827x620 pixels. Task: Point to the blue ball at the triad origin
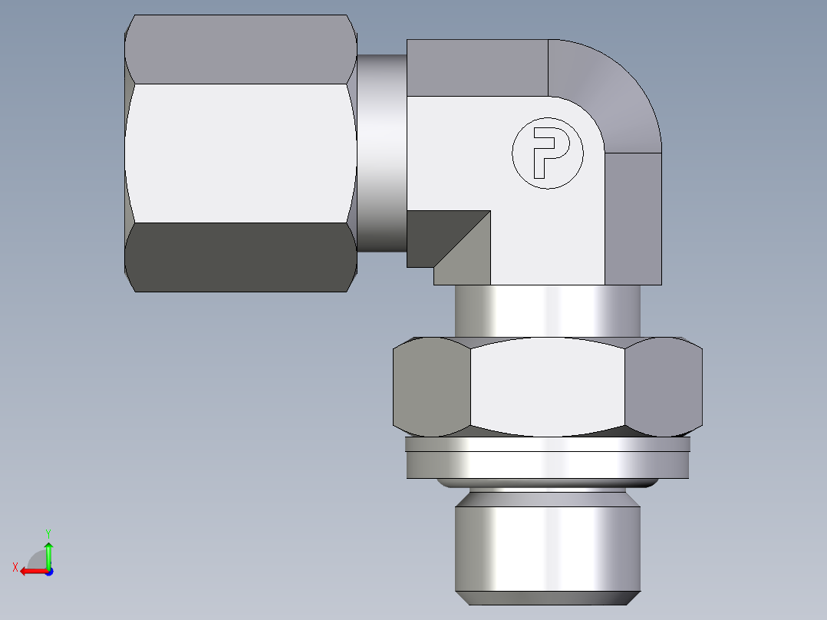[x=48, y=572]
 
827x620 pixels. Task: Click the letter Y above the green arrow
[x=48, y=532]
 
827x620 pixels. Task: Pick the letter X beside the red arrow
[x=15, y=567]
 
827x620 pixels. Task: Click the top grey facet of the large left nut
[x=240, y=50]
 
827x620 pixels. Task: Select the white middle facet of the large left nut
[x=240, y=153]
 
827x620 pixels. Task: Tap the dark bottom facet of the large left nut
[x=240, y=257]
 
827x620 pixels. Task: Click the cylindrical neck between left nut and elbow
[x=381, y=153]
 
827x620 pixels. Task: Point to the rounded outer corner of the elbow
[x=614, y=92]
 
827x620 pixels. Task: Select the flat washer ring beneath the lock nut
[x=548, y=463]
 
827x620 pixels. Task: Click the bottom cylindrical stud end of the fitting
[x=548, y=549]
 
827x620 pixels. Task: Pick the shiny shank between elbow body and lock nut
[x=548, y=311]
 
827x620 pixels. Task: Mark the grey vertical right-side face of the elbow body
[x=634, y=219]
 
